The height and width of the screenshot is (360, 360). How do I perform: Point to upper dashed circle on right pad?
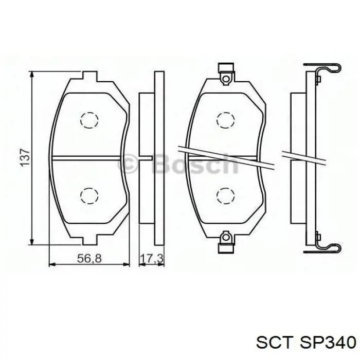pos(225,120)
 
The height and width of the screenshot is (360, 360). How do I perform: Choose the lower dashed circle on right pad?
pos(225,195)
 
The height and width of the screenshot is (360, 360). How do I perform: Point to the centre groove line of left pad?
pos(89,157)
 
